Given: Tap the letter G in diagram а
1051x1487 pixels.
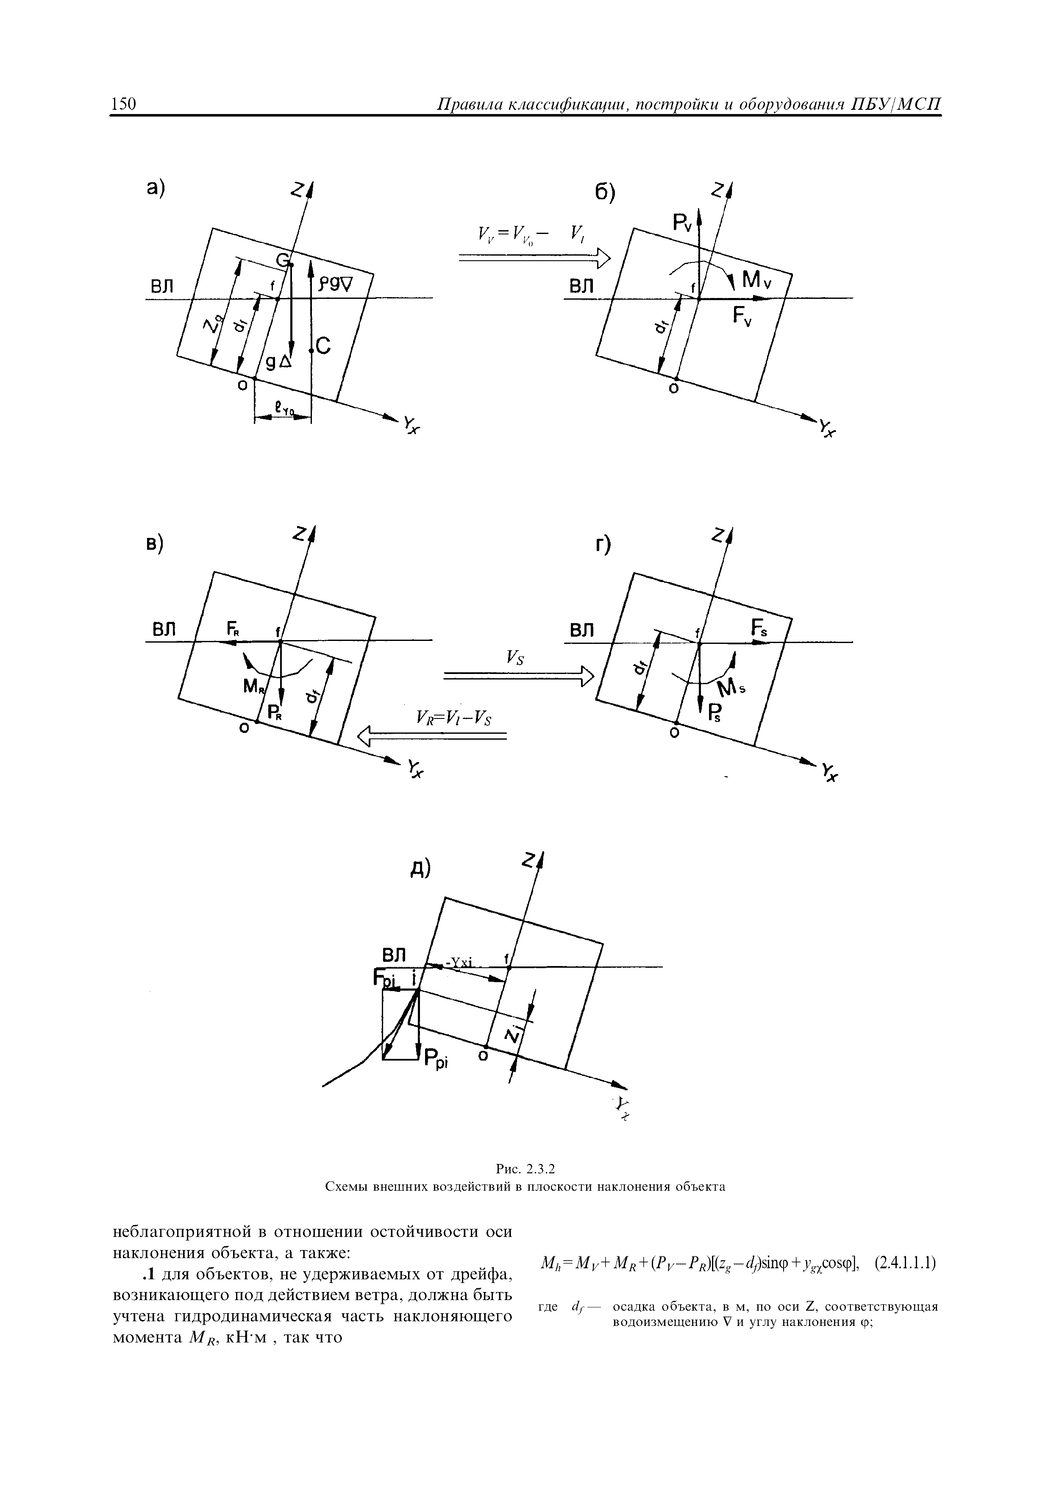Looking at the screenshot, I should [x=282, y=260].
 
